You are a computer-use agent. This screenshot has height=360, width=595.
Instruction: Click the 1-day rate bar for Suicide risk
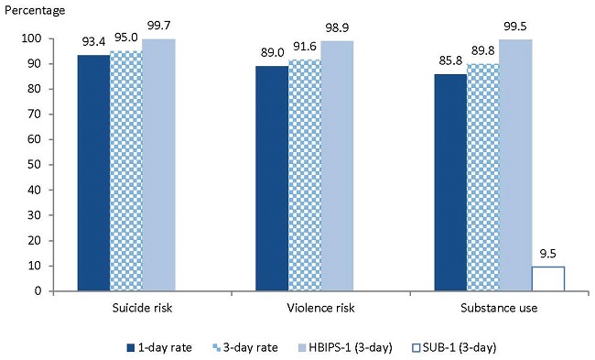tap(93, 173)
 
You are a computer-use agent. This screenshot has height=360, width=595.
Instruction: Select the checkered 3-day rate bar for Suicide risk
tap(126, 171)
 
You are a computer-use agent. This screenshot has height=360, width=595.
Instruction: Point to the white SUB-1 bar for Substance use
tap(547, 278)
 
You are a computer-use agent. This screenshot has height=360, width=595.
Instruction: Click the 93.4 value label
tap(93, 44)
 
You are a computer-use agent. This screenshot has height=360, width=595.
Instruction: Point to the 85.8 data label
tap(450, 63)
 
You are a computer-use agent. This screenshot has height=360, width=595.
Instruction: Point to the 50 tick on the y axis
tap(34, 165)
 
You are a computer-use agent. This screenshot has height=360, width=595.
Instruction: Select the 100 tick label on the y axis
tap(31, 38)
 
